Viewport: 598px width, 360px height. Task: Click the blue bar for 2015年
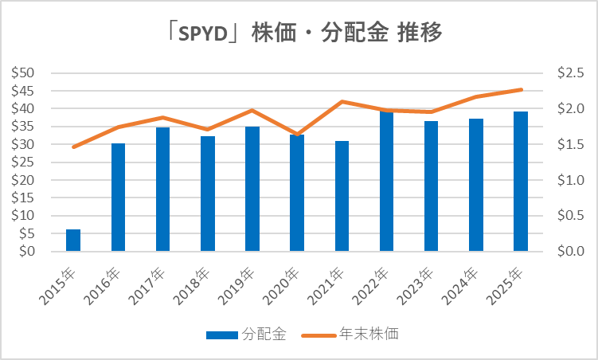pyautogui.click(x=73, y=241)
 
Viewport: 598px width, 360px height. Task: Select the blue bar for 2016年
pyautogui.click(x=118, y=198)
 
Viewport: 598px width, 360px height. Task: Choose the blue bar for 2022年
pyautogui.click(x=386, y=182)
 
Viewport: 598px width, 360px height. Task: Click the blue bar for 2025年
pyautogui.click(x=521, y=182)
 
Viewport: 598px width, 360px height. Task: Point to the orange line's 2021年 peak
pyautogui.click(x=342, y=101)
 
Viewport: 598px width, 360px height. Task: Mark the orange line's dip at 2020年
pyautogui.click(x=297, y=135)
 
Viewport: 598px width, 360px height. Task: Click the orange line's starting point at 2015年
pyautogui.click(x=73, y=147)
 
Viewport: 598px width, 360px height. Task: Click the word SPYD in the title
pyautogui.click(x=204, y=33)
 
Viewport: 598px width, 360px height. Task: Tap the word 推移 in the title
pyautogui.click(x=421, y=33)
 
